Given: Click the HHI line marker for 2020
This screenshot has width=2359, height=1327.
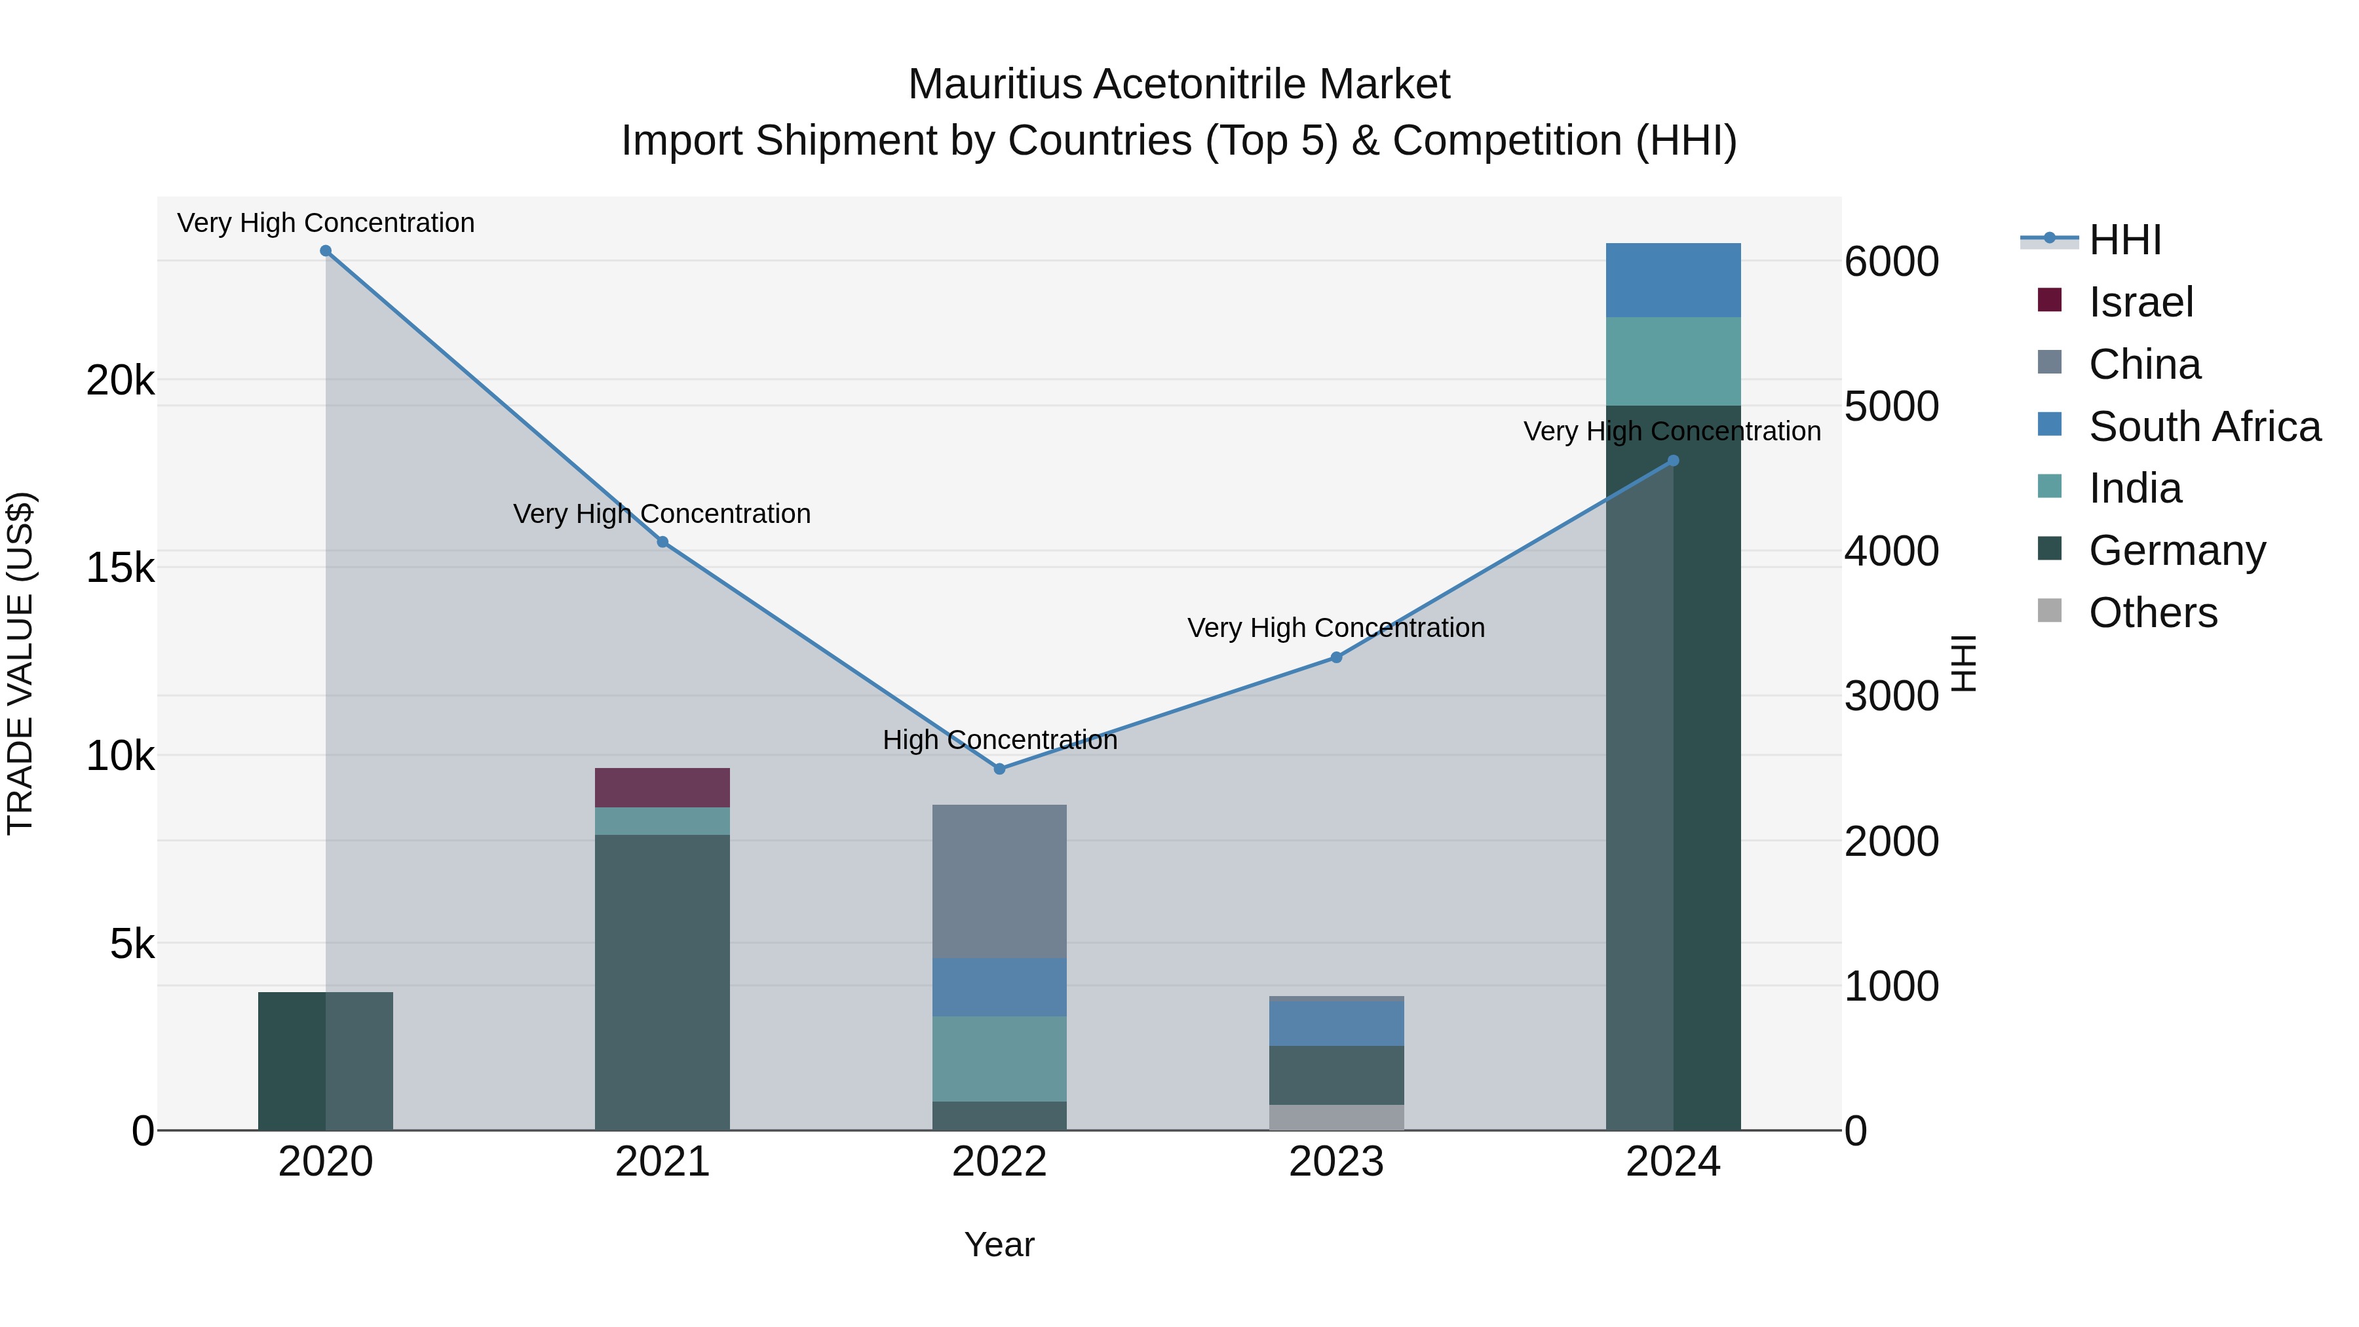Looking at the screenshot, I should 325,251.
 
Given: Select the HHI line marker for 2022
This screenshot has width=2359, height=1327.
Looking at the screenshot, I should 999,769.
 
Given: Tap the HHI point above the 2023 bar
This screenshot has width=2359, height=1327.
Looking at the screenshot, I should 1336,657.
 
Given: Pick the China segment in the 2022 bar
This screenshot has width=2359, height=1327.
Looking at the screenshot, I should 999,881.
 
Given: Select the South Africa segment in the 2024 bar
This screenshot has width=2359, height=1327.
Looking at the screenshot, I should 1673,280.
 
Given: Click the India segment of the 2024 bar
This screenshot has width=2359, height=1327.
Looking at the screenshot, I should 1673,361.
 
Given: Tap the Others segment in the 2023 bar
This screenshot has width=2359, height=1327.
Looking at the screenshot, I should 1336,1117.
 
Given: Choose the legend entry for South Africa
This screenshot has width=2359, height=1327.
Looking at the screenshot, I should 2204,427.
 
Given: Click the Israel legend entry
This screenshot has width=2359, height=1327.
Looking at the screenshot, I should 2140,302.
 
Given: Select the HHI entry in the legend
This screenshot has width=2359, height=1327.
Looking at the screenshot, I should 2124,240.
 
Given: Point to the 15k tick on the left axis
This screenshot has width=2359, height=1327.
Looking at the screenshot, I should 120,567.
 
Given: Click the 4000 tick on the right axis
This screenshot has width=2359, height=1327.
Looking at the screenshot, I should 1891,551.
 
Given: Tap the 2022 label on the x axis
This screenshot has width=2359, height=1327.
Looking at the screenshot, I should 999,1162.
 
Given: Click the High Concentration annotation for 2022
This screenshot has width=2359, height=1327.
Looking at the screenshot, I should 999,739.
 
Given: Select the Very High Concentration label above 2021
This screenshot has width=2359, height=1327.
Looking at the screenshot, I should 661,514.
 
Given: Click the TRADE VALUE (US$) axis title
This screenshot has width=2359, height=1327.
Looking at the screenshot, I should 20,663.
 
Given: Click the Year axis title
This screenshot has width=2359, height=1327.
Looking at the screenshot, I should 999,1244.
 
